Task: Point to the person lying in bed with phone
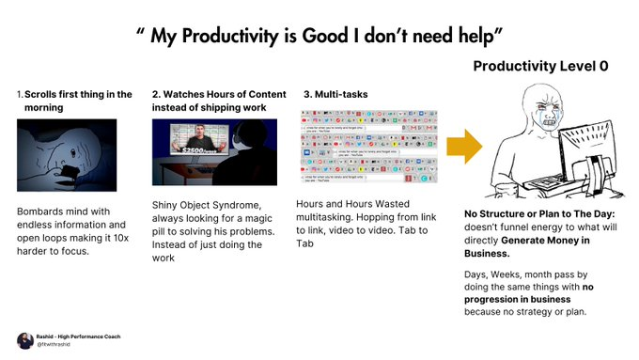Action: (66, 155)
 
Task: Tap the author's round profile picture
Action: (25, 340)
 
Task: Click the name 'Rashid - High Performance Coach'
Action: (79, 336)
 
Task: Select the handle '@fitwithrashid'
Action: (56, 346)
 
